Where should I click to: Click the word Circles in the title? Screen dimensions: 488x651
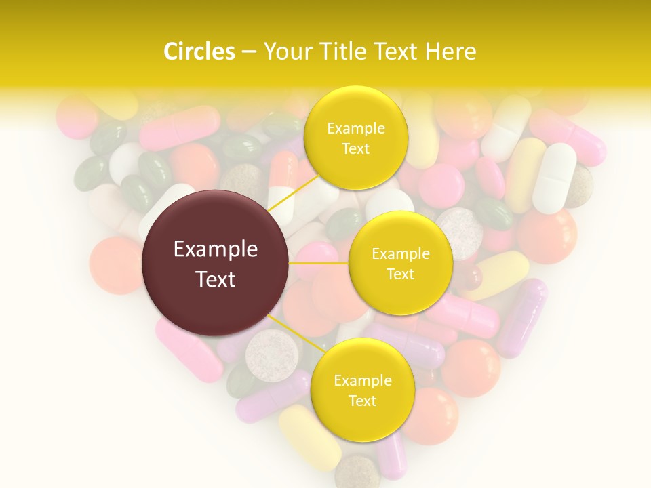199,52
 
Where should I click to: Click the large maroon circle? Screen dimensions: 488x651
216,264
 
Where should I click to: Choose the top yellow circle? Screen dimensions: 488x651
356,138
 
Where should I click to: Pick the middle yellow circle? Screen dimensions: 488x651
400,263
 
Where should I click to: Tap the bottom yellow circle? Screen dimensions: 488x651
362,390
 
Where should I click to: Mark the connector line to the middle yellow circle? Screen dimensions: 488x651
319,263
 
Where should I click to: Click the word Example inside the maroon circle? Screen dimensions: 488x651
216,249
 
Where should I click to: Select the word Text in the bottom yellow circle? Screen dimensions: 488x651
362,401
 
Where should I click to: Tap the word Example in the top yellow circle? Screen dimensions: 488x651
356,128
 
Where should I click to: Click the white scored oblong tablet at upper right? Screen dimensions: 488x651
554,178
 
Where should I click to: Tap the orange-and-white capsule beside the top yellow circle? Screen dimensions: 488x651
283,186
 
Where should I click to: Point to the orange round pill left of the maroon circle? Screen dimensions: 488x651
115,265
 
